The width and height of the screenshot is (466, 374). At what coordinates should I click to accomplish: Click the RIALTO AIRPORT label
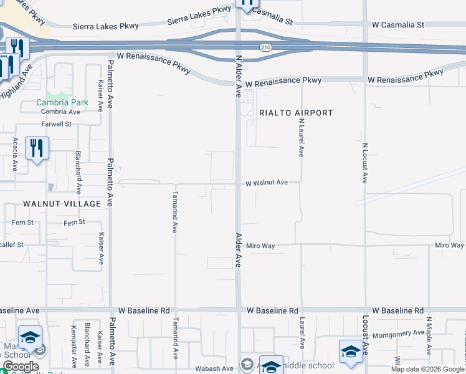tap(296, 113)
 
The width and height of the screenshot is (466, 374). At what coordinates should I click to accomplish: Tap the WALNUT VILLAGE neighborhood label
tap(62, 204)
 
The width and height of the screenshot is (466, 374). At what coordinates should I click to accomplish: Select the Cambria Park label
tap(62, 102)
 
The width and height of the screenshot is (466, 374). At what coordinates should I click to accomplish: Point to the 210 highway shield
tap(265, 47)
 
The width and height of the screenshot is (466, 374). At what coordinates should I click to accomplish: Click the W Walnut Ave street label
tap(267, 183)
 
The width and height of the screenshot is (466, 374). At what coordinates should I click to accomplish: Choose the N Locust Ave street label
tap(364, 163)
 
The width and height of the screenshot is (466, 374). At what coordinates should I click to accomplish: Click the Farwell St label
tap(57, 124)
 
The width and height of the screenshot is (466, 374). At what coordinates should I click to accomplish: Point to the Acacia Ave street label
tap(15, 155)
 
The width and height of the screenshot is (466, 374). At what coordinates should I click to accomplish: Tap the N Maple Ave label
tap(429, 332)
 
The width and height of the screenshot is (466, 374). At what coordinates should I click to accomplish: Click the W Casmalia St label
tap(397, 25)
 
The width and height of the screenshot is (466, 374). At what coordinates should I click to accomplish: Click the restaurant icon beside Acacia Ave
tap(37, 148)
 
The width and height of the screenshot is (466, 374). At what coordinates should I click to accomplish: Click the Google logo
tap(21, 367)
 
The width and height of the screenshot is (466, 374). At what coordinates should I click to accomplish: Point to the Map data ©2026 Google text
tap(427, 369)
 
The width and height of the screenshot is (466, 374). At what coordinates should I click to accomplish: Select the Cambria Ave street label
tap(60, 112)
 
